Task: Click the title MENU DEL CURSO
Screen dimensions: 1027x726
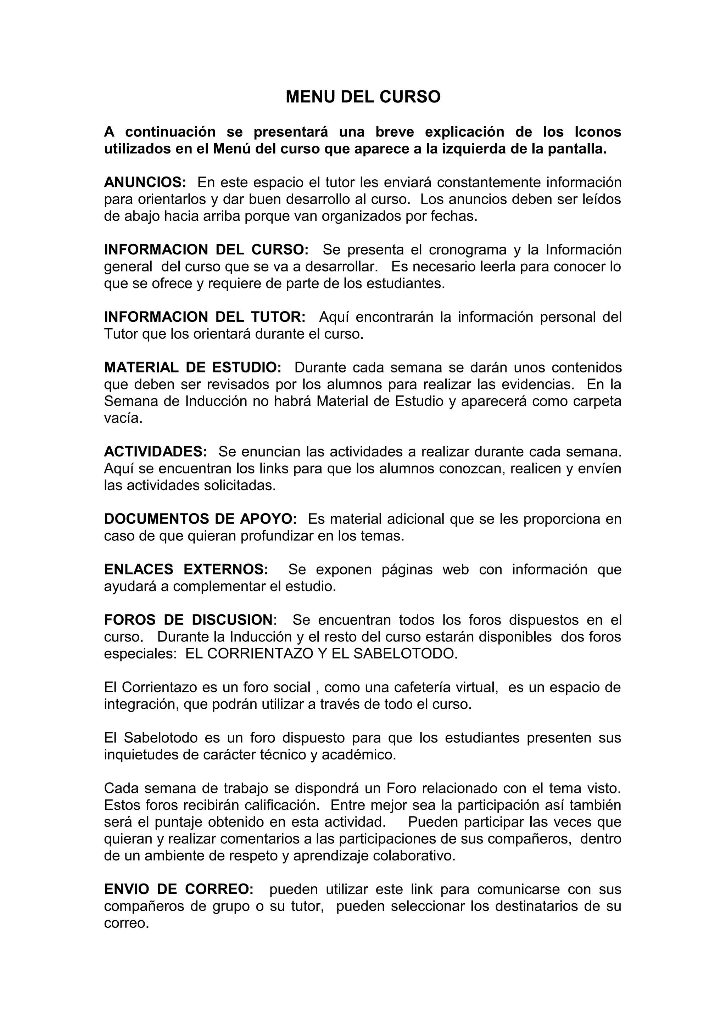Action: (x=363, y=97)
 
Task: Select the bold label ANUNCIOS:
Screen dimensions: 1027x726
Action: (x=145, y=182)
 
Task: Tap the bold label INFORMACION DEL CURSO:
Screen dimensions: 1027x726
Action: (x=206, y=249)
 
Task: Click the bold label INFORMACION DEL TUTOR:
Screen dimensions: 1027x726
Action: (x=205, y=317)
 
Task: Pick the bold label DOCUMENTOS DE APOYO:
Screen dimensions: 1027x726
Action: (x=200, y=519)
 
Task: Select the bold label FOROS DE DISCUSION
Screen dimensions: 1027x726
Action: (x=188, y=619)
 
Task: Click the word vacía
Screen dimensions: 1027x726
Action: (x=123, y=418)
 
